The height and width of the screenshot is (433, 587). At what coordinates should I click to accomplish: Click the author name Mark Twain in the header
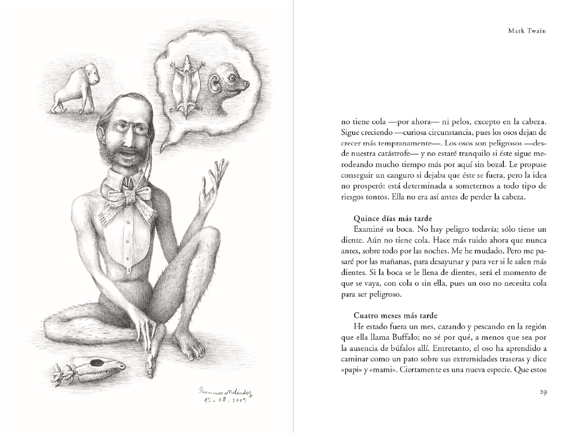pyautogui.click(x=527, y=31)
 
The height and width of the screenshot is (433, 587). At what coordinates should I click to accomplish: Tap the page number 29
pyautogui.click(x=542, y=392)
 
